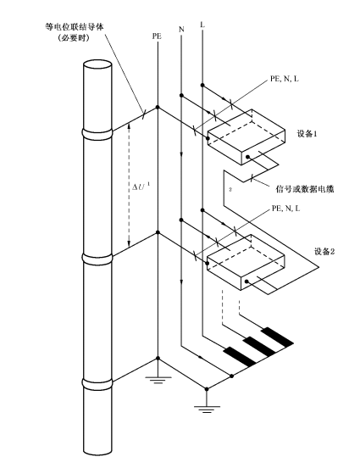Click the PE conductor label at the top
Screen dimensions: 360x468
click(x=157, y=36)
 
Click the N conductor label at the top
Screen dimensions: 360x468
click(x=181, y=29)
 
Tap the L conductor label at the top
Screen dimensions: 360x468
click(x=202, y=25)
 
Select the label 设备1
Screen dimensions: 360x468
click(x=307, y=134)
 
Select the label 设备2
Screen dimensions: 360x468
click(x=324, y=251)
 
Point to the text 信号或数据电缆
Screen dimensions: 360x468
click(x=305, y=189)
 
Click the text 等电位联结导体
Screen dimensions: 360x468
click(x=75, y=27)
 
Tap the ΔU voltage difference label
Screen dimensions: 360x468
click(x=141, y=187)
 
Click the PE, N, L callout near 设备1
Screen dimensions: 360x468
click(x=285, y=79)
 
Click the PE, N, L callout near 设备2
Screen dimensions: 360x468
click(x=285, y=209)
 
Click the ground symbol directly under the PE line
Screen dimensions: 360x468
click(x=158, y=379)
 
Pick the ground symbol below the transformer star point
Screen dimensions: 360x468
click(x=207, y=409)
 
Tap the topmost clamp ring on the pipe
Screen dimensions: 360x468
click(x=97, y=134)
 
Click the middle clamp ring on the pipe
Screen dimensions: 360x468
click(x=97, y=259)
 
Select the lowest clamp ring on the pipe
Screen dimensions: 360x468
click(x=97, y=384)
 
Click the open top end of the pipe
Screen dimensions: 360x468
click(x=97, y=65)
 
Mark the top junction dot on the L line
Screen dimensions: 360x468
click(x=202, y=86)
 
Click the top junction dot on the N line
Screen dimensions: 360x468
click(x=181, y=95)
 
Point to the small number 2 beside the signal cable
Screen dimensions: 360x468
click(x=230, y=189)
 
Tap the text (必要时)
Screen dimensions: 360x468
click(x=74, y=38)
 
